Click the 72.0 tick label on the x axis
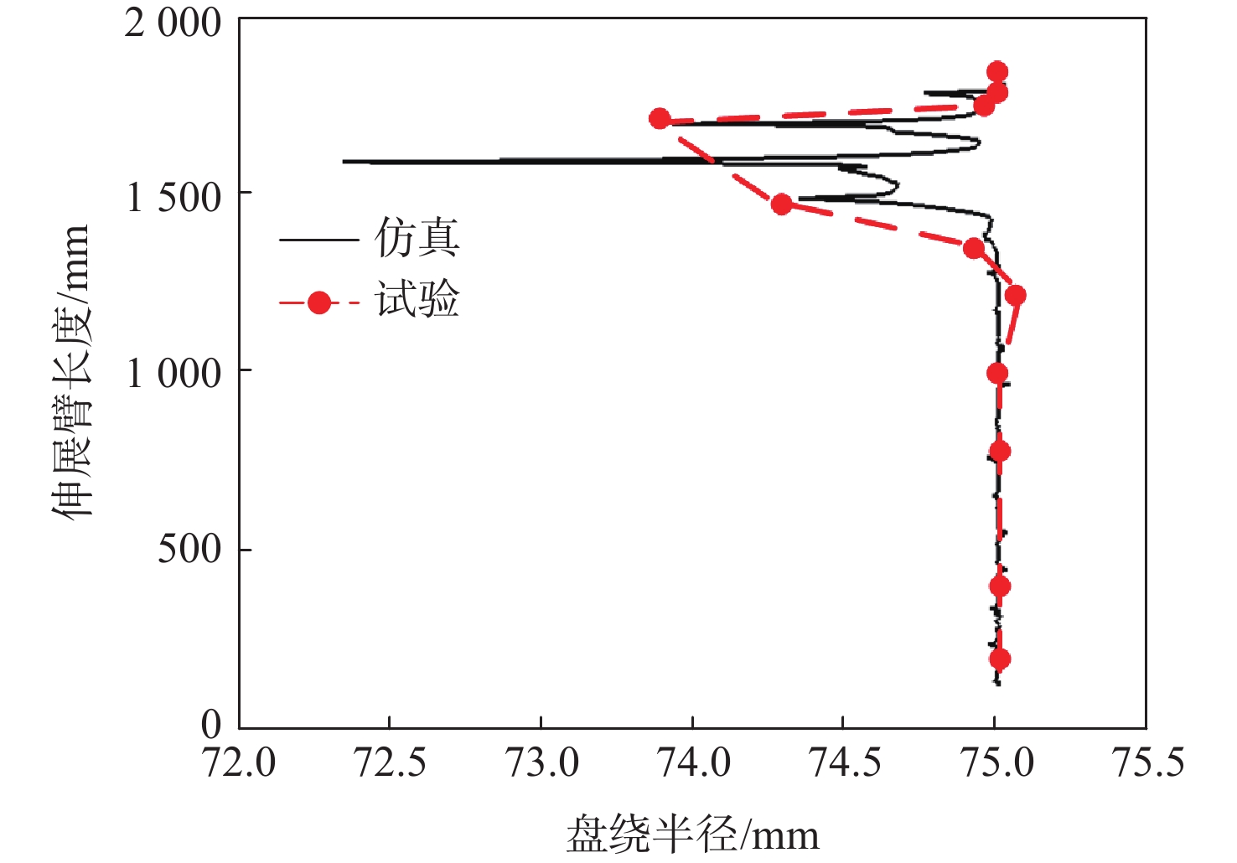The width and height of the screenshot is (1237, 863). point(239,762)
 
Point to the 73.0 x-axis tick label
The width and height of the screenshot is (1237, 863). point(541,762)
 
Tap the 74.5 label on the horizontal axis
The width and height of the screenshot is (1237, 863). point(843,762)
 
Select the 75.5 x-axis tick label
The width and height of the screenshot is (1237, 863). point(1146,762)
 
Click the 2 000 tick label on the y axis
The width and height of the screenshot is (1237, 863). point(173,23)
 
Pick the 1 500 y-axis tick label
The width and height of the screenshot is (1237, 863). point(173,198)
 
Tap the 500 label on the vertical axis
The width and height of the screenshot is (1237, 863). point(189,550)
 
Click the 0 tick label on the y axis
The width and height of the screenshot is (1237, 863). point(211,725)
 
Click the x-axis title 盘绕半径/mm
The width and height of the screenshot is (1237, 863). point(692,835)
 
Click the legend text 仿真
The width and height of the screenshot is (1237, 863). point(417,239)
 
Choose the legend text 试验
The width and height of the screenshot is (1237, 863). point(417,300)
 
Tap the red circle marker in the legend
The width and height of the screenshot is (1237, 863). point(318,302)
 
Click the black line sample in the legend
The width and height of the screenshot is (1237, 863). point(318,240)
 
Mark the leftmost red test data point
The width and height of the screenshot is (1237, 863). point(660,119)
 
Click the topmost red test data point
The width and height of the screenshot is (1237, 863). point(997,71)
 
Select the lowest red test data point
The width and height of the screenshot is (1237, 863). point(999,659)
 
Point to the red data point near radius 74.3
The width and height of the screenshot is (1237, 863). point(781,204)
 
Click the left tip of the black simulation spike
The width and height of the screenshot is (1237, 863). point(344,161)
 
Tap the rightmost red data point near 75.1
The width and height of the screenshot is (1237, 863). point(1016,295)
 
